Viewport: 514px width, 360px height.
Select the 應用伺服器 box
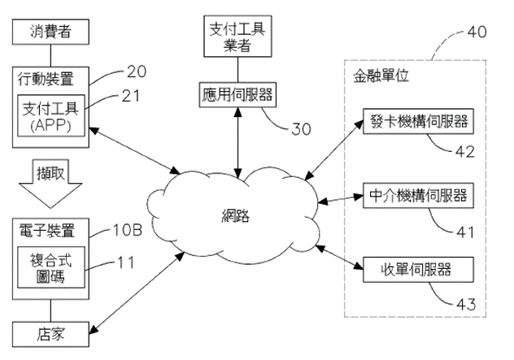(237, 95)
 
